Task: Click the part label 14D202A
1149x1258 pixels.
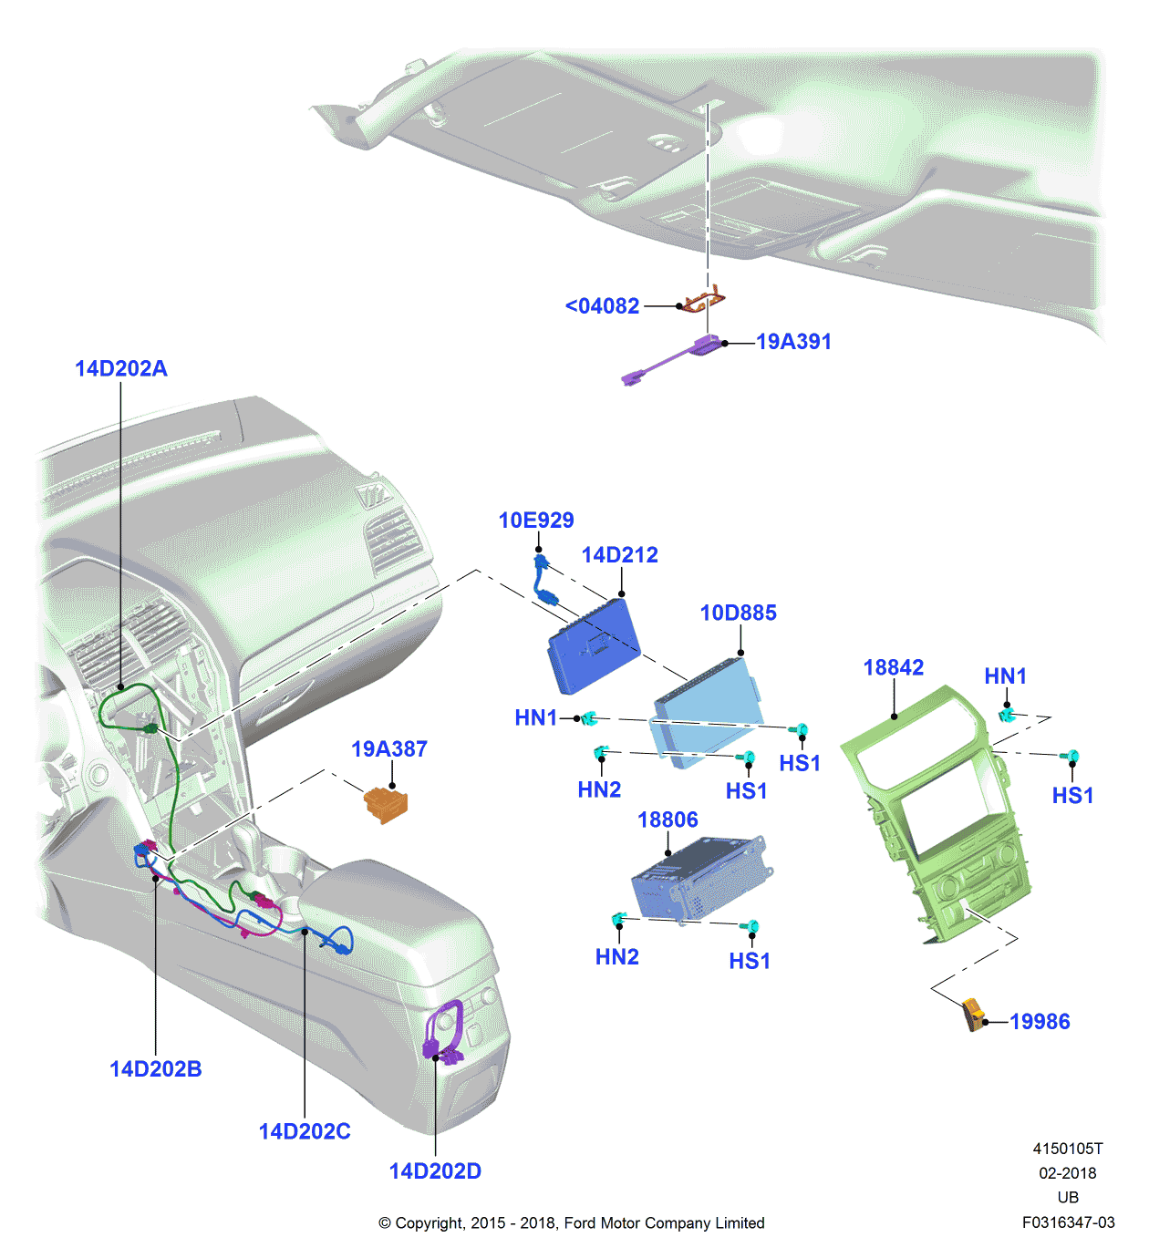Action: tap(121, 368)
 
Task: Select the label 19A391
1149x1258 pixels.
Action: tap(793, 342)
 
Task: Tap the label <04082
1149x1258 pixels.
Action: tap(603, 306)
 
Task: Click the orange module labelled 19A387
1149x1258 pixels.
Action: tap(386, 804)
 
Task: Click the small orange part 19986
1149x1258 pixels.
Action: tap(974, 1015)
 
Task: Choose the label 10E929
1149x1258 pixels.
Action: tap(536, 521)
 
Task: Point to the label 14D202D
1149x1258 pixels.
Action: tap(435, 1171)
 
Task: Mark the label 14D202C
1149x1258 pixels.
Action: tap(305, 1131)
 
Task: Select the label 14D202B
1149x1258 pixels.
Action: tap(156, 1069)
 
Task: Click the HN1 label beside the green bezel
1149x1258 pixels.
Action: tap(1005, 676)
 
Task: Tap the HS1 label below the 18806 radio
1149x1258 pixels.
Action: tap(750, 961)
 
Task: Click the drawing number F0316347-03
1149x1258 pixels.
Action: tap(1068, 1222)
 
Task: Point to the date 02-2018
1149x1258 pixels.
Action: tap(1068, 1173)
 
